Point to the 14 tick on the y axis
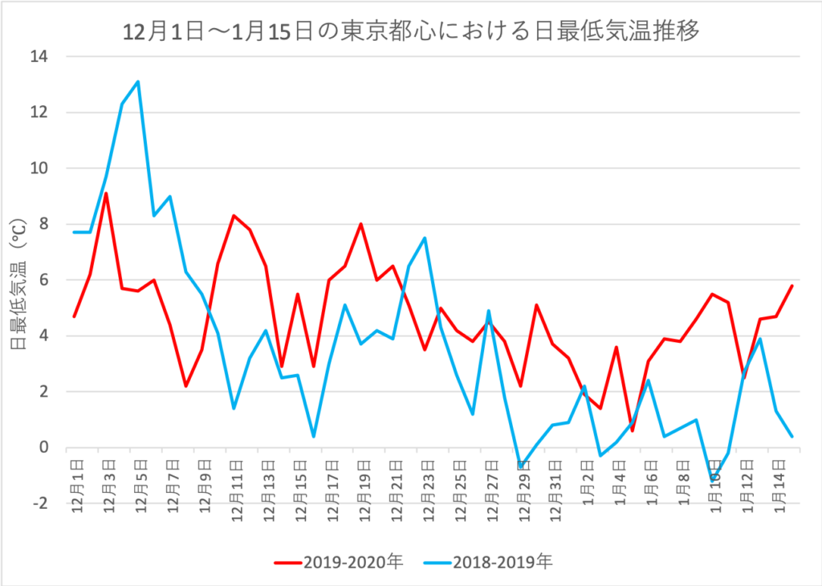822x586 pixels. (x=39, y=57)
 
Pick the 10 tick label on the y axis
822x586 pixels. (x=39, y=169)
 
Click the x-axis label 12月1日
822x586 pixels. (x=78, y=482)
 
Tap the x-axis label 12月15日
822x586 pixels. (x=301, y=485)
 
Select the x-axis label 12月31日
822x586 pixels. (x=555, y=485)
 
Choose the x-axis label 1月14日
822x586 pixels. (x=778, y=482)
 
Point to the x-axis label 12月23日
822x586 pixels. (x=428, y=485)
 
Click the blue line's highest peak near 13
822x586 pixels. (x=138, y=81)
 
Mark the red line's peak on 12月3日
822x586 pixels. (x=106, y=193)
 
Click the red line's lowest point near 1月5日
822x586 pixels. (x=633, y=431)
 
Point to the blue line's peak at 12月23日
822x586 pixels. (x=425, y=238)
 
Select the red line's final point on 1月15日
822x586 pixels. (x=792, y=286)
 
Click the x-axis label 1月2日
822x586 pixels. (x=588, y=478)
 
